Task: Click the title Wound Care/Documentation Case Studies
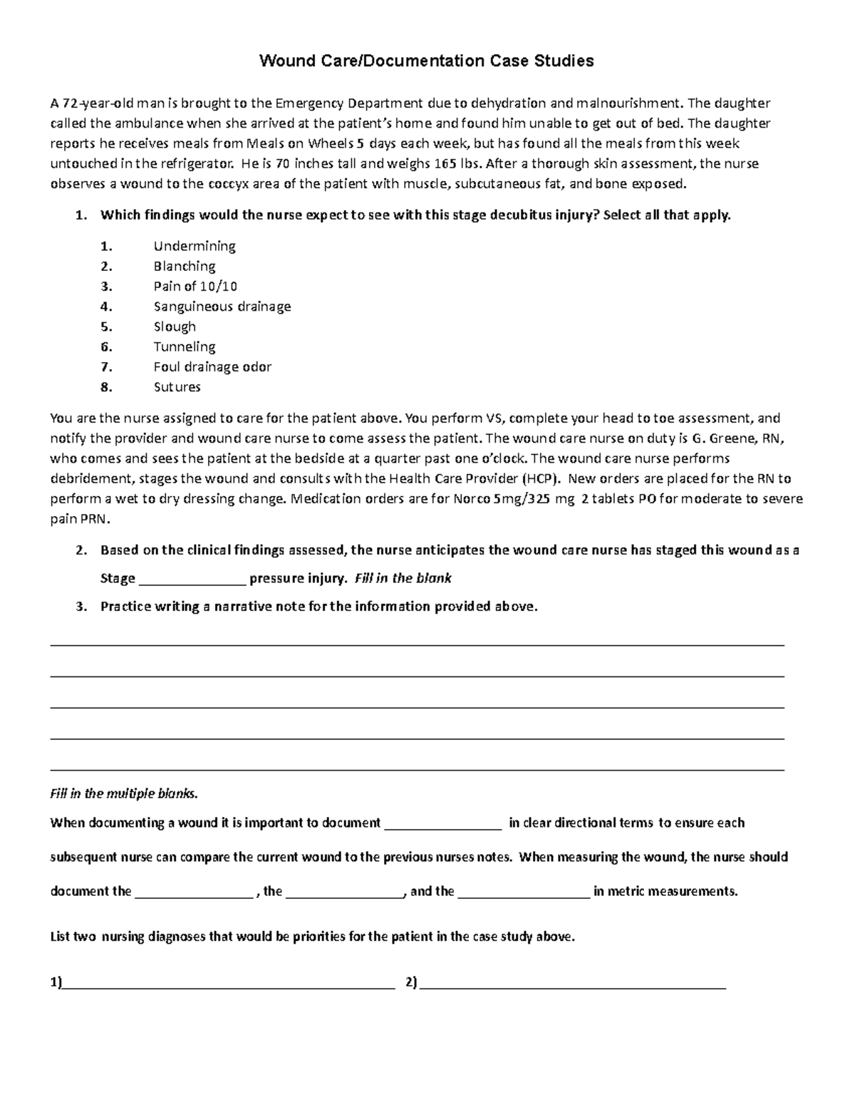426,61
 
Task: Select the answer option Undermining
195,246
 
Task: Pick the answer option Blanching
185,266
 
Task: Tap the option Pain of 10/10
195,286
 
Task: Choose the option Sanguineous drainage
222,307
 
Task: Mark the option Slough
175,326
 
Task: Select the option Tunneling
185,346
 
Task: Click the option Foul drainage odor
212,367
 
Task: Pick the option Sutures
177,387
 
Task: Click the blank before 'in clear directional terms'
443,824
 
